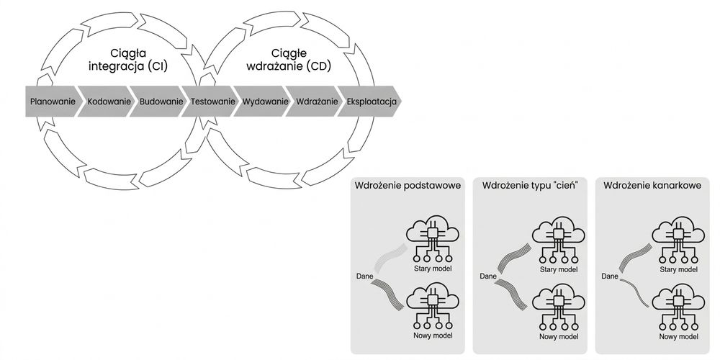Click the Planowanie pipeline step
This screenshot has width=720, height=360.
[51, 101]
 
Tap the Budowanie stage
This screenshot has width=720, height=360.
[159, 101]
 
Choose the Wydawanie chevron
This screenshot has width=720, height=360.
[264, 101]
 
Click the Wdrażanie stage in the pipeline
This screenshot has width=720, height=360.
[315, 101]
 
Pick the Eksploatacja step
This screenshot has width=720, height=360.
[370, 101]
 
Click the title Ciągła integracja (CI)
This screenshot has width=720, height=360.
[128, 60]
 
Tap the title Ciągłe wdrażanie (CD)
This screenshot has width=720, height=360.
[289, 60]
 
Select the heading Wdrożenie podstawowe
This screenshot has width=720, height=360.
[408, 186]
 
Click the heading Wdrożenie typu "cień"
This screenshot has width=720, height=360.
[529, 186]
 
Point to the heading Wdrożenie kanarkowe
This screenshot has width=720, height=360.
[652, 186]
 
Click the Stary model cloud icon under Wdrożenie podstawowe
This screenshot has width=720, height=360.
[433, 240]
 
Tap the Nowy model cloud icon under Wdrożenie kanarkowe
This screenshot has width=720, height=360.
[678, 307]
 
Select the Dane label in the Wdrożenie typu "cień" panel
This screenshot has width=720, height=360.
[488, 276]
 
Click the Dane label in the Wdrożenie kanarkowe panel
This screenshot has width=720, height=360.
[610, 276]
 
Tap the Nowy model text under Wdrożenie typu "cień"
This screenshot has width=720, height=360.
[559, 336]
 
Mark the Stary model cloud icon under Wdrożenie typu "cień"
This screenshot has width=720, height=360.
[559, 240]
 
